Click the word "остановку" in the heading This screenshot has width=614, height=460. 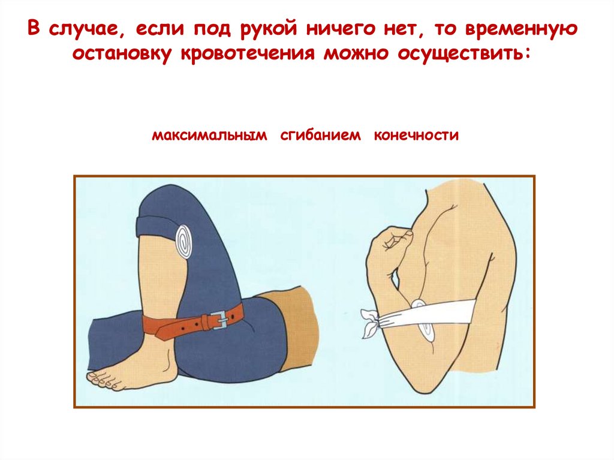pyautogui.click(x=122, y=54)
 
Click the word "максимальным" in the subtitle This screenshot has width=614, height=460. pyautogui.click(x=209, y=135)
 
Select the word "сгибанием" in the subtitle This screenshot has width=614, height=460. pyautogui.click(x=320, y=135)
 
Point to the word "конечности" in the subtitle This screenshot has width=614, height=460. pyautogui.click(x=416, y=135)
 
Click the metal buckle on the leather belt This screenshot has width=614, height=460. pyautogui.click(x=219, y=320)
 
